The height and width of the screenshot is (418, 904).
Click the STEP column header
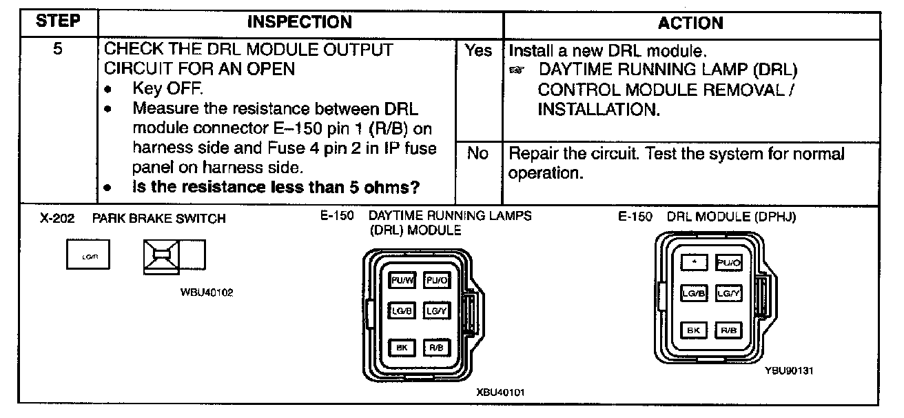coord(58,22)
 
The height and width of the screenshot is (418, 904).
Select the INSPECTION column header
coord(299,22)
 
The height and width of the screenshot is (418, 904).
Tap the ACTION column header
coord(690,23)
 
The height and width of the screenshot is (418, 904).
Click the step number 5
coord(58,51)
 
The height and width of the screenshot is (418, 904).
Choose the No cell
coord(477,153)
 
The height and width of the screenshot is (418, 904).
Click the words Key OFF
coord(168,90)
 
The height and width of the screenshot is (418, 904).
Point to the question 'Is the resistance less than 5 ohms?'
coord(277,187)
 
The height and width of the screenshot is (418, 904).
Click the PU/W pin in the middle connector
coord(402,281)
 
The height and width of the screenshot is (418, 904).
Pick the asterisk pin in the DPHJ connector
coord(695,262)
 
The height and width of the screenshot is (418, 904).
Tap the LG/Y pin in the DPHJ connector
coord(728,294)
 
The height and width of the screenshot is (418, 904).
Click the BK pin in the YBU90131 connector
coord(695,330)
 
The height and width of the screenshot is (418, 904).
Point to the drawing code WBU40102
coord(207,292)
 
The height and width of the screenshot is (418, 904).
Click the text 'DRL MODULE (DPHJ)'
coord(731,217)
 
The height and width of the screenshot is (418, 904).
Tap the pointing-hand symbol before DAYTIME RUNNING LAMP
coord(517,71)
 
